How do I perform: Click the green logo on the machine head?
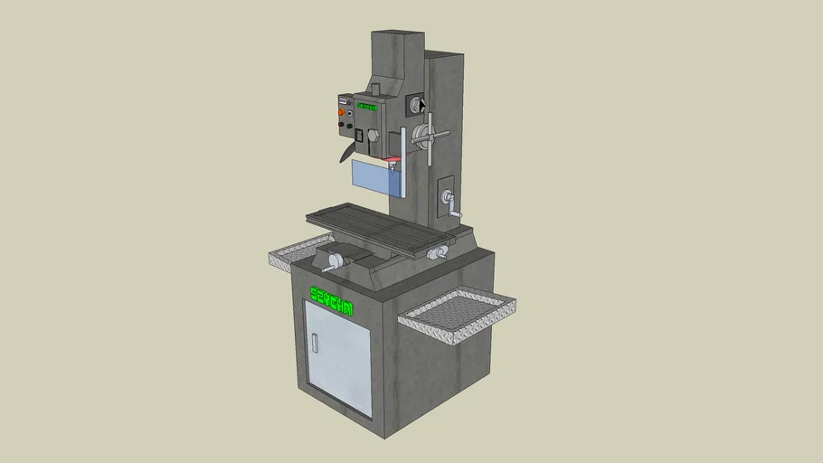pos(366,108)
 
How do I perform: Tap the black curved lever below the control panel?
pos(346,150)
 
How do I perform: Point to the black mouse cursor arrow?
pos(421,103)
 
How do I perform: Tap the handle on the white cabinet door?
pos(316,344)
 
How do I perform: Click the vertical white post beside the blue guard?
pos(402,163)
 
